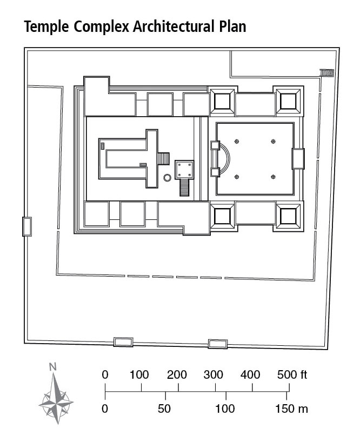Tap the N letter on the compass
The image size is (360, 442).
(52, 366)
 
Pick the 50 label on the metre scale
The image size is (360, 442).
(164, 409)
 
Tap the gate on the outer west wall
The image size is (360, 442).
(26, 226)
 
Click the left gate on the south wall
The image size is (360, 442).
(123, 341)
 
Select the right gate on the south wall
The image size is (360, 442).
(218, 344)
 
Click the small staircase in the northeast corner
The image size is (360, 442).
(326, 72)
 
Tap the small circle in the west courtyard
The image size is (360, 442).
(167, 177)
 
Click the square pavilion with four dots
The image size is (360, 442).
(184, 169)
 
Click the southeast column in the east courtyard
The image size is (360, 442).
(273, 177)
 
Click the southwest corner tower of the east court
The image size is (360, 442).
(223, 216)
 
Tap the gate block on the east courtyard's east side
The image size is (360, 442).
(298, 158)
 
